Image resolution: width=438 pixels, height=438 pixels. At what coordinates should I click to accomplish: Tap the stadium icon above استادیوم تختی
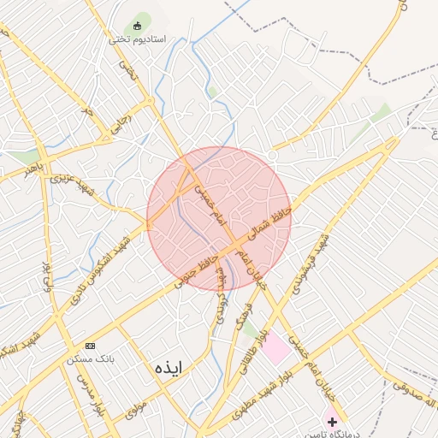pos(137,26)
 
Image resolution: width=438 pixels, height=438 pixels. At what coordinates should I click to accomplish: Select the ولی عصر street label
pos(47,273)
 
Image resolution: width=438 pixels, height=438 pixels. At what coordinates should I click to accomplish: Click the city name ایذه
pos(169,367)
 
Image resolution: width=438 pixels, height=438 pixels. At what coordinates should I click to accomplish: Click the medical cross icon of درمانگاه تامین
pos(333,423)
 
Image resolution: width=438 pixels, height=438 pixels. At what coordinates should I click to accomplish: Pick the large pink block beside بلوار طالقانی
pos(276,347)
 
